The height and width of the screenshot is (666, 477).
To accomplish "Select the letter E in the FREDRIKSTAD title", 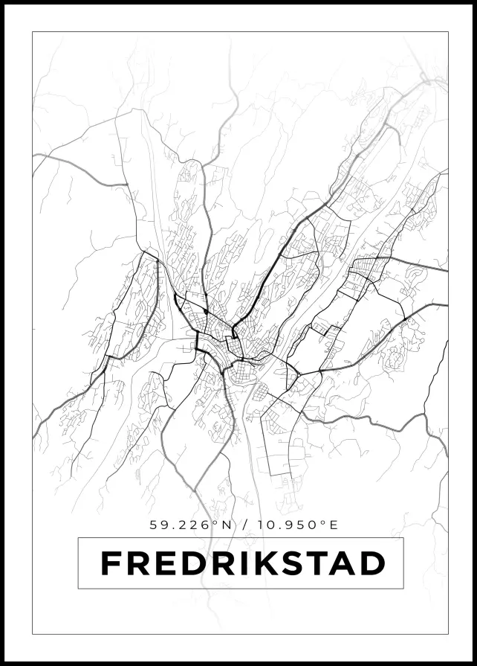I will (165, 563).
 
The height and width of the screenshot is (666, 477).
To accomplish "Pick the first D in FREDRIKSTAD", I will (193, 563).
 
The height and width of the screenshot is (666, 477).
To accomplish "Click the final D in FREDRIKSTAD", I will (373, 563).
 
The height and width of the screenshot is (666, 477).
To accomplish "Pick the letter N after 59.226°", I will (227, 525).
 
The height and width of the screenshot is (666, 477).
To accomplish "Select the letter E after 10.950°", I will (334, 525).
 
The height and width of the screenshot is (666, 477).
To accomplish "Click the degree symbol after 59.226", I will (215, 522).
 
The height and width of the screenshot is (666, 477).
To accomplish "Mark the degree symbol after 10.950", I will (323, 522).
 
